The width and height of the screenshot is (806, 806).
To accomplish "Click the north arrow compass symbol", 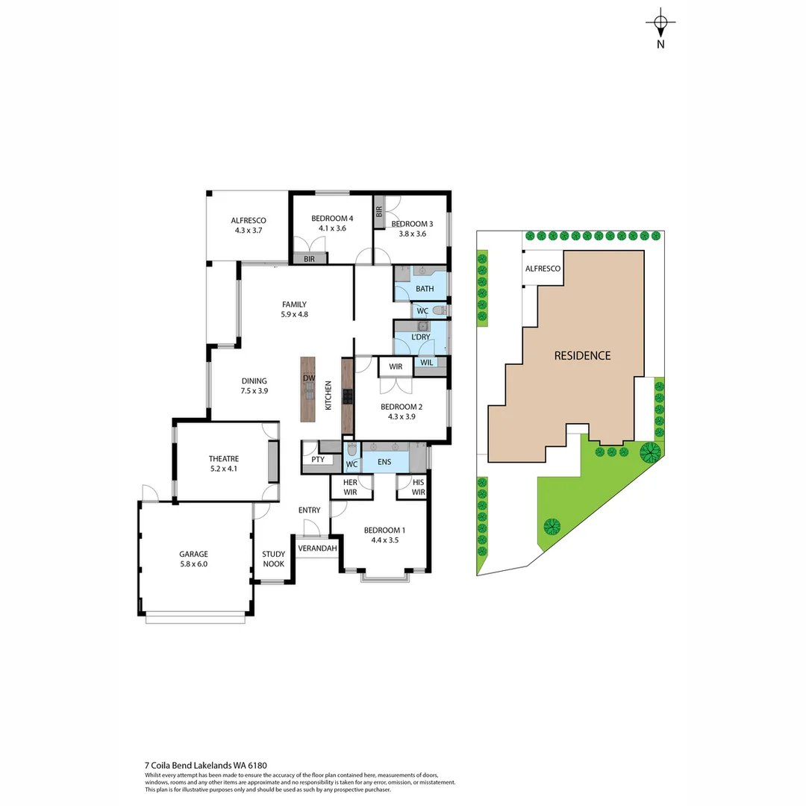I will tap(660, 25).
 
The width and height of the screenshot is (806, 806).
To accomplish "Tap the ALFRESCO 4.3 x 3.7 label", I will tap(249, 225).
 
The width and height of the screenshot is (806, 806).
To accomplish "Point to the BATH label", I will tap(425, 289).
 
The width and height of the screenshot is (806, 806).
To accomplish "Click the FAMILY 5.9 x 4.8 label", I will tap(294, 309).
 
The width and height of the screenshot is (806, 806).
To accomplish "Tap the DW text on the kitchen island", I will tap(309, 378).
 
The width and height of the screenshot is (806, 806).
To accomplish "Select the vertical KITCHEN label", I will tap(328, 396).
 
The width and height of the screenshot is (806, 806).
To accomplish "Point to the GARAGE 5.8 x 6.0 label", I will tap(193, 559).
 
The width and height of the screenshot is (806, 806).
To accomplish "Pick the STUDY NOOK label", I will tap(273, 559).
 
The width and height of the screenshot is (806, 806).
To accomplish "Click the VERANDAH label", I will tap(317, 549).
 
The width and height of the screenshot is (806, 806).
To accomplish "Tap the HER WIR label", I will tap(351, 487).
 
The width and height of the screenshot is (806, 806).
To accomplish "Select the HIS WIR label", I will tap(418, 487).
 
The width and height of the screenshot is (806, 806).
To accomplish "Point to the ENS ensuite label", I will tap(384, 463).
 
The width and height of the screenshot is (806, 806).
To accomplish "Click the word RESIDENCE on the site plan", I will tap(582, 356).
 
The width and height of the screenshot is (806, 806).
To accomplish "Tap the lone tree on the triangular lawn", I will tap(552, 527).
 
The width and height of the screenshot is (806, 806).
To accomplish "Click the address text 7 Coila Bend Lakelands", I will tap(206, 765).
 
